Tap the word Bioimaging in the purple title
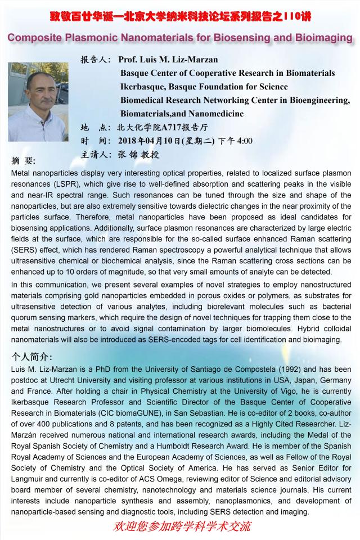[x=322, y=38]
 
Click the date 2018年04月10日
[x=150, y=141]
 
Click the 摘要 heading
[x=23, y=161]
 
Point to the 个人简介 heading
[x=33, y=357]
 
